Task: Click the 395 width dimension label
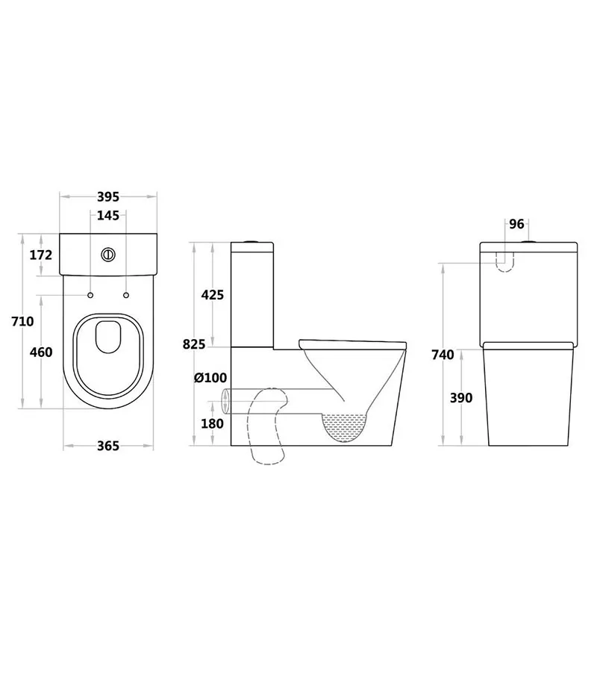[x=108, y=197]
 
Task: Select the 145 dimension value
[x=108, y=216]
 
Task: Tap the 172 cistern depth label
[x=41, y=255]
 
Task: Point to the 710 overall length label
[x=22, y=322]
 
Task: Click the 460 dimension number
[x=41, y=352]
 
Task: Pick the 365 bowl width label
[x=108, y=446]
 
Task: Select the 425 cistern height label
[x=213, y=295]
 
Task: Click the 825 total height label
[x=193, y=344]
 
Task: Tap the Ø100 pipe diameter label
[x=210, y=379]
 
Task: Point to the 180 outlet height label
[x=213, y=423]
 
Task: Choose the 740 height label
[x=443, y=355]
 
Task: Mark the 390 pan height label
[x=461, y=398]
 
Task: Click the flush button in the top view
[x=108, y=255]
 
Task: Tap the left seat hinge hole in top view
[x=91, y=296]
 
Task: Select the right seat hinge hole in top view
[x=125, y=296]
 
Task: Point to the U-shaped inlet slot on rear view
[x=505, y=259]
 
